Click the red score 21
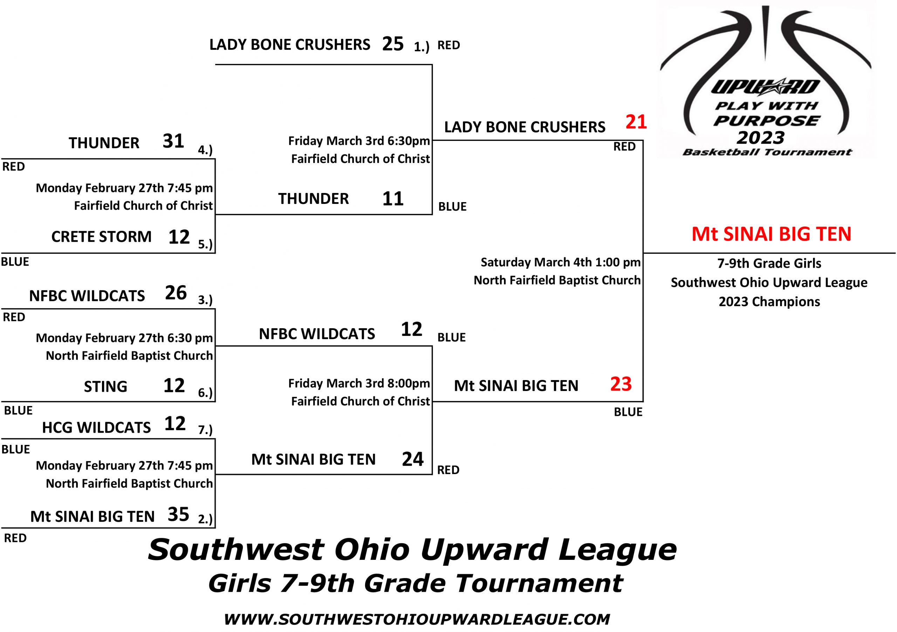636,122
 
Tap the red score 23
621,384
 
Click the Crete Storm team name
101,237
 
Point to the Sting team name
105,387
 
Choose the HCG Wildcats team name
96,428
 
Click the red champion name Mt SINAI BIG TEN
771,234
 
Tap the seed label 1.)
422,47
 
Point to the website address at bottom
417,619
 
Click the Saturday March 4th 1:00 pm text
561,262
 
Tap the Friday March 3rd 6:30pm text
359,140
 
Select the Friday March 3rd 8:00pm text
359,383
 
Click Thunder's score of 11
393,199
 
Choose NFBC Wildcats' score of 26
176,293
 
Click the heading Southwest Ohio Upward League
412,550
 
